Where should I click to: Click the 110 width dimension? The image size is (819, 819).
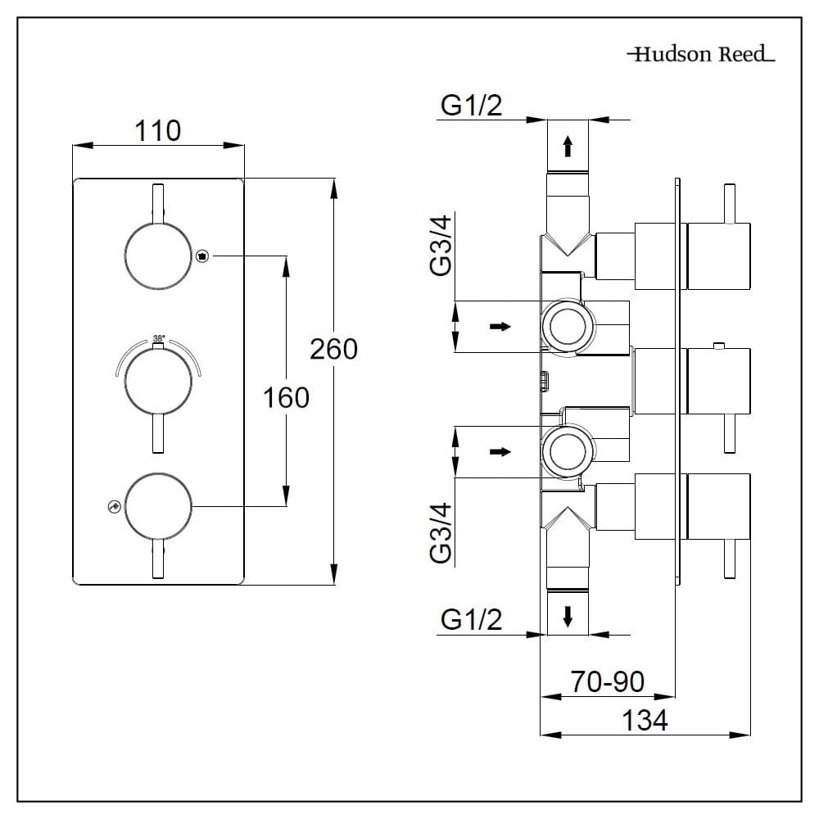[158, 130]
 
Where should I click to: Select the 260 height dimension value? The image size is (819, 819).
[333, 349]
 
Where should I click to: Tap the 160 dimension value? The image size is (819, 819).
[286, 398]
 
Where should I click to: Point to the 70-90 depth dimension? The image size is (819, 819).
[608, 681]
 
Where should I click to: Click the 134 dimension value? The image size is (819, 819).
[645, 721]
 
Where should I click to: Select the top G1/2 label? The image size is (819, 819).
[471, 106]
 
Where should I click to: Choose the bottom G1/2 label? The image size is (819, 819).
[471, 620]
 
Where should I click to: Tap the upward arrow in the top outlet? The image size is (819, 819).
[567, 147]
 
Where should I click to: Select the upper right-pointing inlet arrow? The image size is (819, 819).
[500, 327]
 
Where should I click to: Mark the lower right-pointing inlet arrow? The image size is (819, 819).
[500, 451]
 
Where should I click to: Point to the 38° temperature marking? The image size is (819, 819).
[159, 337]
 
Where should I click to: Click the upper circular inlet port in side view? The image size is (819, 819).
[565, 326]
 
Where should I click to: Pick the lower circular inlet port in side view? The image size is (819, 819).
[565, 451]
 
